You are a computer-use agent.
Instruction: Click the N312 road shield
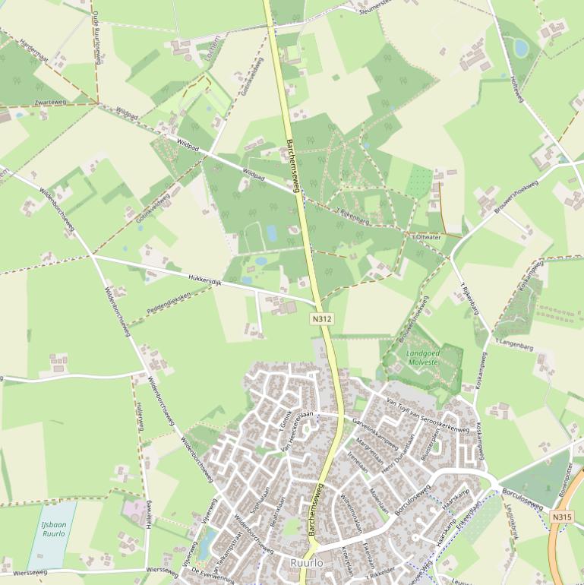point(322,320)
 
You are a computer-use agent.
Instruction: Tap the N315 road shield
point(561,517)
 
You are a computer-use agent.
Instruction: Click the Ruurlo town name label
point(307,563)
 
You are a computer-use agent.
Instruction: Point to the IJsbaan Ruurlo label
point(53,529)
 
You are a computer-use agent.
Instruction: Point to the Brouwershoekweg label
point(516,199)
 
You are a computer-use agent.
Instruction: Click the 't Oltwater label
point(426,236)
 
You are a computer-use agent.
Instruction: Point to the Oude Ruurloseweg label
point(96,34)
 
